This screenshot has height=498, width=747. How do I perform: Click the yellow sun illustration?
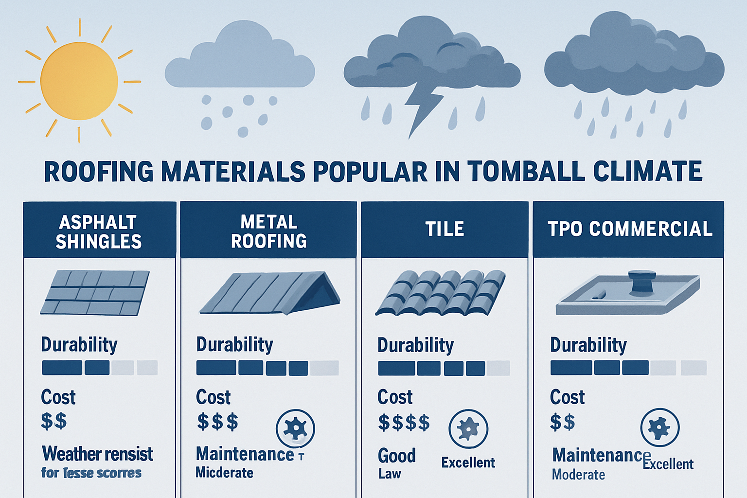pyautogui.click(x=79, y=81)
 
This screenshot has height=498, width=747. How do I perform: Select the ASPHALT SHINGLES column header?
pyautogui.click(x=99, y=231)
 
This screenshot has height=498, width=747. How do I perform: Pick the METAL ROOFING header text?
pyautogui.click(x=268, y=231)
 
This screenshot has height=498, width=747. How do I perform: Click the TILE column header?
pyautogui.click(x=445, y=229)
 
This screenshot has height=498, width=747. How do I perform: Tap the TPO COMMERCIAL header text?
pyautogui.click(x=630, y=229)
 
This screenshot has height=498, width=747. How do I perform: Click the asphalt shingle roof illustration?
pyautogui.click(x=95, y=292)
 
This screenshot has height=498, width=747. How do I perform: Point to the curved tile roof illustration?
pyautogui.click(x=441, y=292)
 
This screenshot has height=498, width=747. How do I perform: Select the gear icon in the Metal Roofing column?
pyautogui.click(x=295, y=428)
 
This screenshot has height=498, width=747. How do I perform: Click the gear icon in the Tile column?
pyautogui.click(x=468, y=428)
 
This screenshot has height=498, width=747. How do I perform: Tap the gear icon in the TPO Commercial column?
pyautogui.click(x=660, y=427)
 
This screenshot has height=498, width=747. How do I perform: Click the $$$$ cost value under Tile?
pyautogui.click(x=404, y=423)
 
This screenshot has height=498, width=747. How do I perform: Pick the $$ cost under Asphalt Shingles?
pyautogui.click(x=53, y=421)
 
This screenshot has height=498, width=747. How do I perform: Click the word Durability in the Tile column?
pyautogui.click(x=415, y=345)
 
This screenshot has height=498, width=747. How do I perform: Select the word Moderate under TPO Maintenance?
pyautogui.click(x=578, y=475)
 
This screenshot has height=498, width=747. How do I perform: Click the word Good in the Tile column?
pyautogui.click(x=397, y=456)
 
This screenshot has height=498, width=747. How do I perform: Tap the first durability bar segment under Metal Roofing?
pyautogui.click(x=216, y=368)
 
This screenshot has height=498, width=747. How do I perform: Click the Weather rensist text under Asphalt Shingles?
pyautogui.click(x=97, y=454)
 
